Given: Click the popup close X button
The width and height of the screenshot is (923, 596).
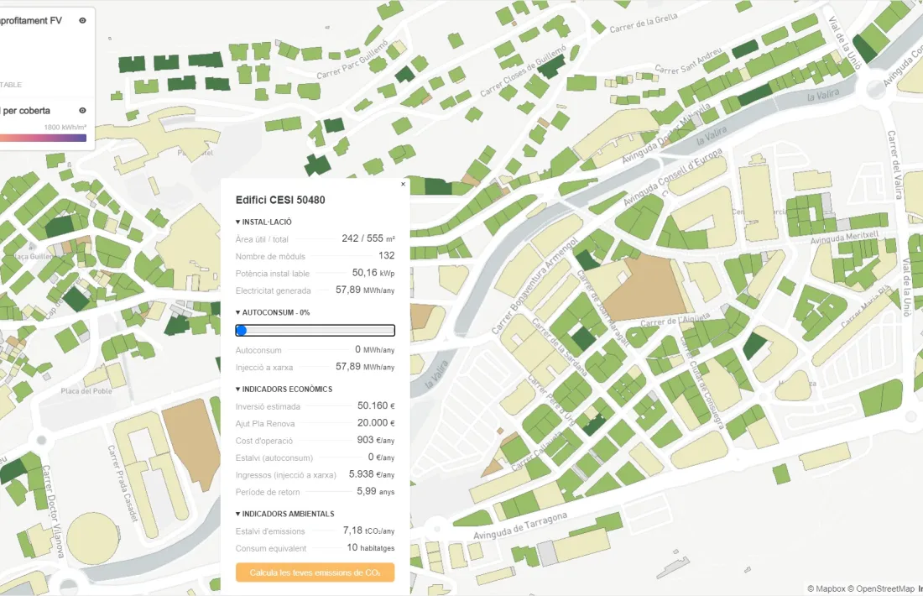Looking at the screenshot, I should click(403, 184).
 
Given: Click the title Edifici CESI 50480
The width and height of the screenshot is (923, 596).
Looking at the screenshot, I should click(280, 200).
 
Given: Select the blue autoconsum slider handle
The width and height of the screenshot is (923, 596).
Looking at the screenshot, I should click(242, 331).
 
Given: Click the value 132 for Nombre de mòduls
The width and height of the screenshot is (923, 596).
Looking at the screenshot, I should click(386, 256).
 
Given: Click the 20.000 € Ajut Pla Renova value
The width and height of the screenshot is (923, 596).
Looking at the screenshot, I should click(375, 423).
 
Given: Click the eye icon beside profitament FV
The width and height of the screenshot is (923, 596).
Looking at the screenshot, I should click(82, 20).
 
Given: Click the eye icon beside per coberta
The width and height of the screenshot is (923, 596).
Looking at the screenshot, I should click(82, 110).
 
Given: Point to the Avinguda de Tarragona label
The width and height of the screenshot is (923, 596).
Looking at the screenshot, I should click(520, 526).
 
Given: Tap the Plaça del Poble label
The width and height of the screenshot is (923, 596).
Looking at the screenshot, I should click(86, 391).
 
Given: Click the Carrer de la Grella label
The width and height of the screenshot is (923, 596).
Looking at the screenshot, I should click(644, 23).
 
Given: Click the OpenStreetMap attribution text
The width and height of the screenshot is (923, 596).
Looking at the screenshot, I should click(870, 588).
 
